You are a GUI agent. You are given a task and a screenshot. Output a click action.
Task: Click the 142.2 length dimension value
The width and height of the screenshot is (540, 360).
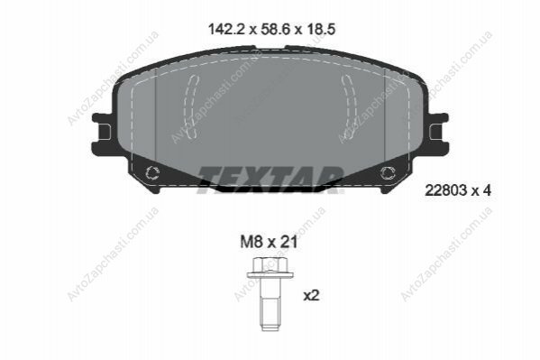(226, 29)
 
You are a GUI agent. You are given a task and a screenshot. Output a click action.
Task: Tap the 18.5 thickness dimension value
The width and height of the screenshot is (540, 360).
(321, 29)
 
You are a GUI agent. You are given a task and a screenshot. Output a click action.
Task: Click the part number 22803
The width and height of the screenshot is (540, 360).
(445, 190)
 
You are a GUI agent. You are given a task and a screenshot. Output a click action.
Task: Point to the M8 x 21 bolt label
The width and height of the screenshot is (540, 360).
(269, 243)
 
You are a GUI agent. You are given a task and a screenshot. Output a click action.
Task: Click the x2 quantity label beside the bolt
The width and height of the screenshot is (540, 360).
(312, 295)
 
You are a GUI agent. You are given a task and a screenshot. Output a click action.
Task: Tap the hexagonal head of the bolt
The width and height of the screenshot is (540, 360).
(270, 265)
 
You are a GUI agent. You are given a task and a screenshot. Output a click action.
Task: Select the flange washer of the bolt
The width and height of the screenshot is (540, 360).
(270, 275)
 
